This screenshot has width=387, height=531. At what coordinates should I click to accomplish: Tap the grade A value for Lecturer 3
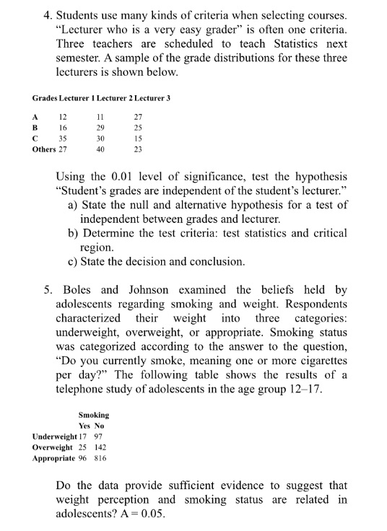[x=139, y=117]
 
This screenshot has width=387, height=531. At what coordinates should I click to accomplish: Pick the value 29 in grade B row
[x=100, y=128]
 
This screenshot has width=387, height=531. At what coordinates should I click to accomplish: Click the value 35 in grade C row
[x=63, y=139]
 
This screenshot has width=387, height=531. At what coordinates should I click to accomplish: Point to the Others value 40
[x=100, y=149]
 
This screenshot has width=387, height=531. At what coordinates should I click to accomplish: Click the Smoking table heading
[x=94, y=415]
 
